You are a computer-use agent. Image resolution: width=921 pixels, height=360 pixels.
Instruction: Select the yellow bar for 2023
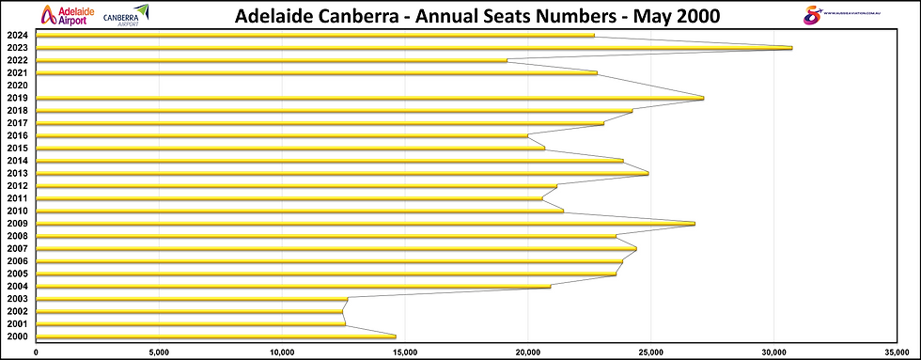coord(414,48)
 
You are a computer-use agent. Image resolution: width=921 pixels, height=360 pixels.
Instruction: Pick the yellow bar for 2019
coord(369,98)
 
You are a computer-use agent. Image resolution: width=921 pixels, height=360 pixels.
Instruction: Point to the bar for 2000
coord(215,337)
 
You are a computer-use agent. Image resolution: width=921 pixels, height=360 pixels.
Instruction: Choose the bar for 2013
coord(341,173)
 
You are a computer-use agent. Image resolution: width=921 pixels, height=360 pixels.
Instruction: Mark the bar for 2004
coord(292,286)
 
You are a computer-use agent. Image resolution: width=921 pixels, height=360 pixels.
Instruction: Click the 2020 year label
coord(16,86)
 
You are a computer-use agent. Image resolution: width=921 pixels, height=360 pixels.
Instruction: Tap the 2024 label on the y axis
coord(16,35)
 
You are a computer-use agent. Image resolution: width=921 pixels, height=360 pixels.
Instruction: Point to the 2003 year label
coord(16,299)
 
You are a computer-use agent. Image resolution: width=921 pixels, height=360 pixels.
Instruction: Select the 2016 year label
coord(16,135)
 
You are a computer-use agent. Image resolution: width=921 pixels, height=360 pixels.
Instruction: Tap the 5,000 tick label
coord(158,352)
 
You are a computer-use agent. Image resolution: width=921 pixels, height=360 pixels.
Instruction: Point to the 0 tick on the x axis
coord(36,352)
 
